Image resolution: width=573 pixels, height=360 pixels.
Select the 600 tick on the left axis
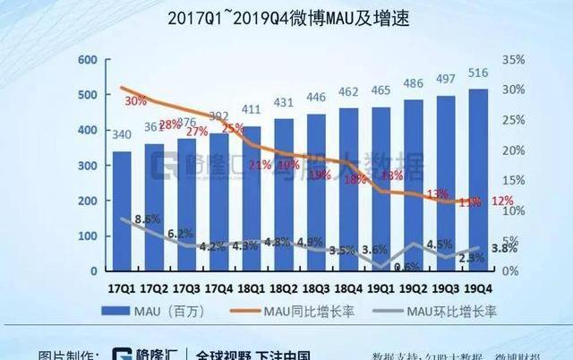[87, 60]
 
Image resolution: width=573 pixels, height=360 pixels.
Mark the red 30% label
[135, 100]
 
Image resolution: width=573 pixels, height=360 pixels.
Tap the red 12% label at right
[502, 201]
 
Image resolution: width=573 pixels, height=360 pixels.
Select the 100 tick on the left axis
[87, 236]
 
